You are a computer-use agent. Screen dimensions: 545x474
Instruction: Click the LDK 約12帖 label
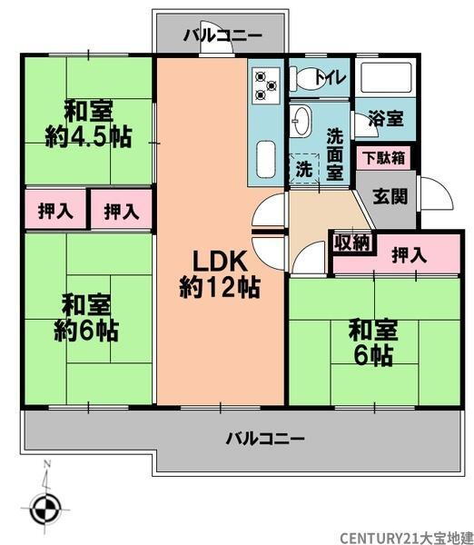220,274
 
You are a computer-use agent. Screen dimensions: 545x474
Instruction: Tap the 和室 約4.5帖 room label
88,124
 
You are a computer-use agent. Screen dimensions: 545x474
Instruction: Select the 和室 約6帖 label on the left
87,316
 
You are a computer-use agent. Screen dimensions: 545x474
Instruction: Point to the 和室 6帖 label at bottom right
372,342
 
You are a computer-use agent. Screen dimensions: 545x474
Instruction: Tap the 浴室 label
388,119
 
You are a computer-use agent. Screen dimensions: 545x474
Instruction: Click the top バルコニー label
222,36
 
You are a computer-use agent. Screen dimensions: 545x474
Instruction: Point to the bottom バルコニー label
265,438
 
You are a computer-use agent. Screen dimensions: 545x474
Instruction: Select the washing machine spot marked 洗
303,169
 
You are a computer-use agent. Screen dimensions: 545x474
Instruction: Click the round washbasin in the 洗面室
301,121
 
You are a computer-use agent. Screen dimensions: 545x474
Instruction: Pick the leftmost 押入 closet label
55,212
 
